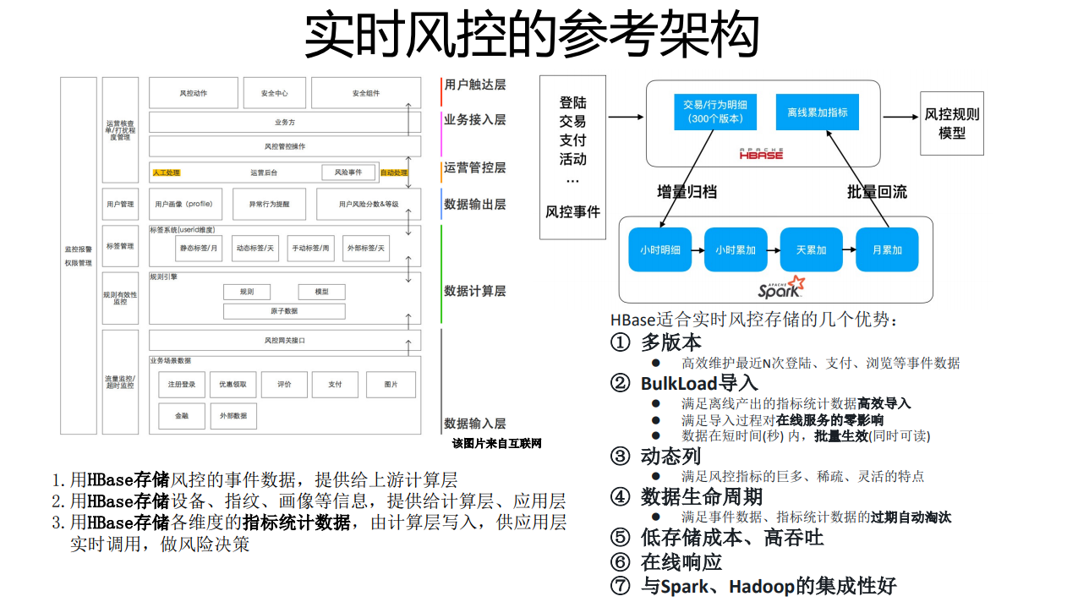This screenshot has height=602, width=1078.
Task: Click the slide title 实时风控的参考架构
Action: click(531, 36)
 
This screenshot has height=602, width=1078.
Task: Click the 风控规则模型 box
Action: click(952, 123)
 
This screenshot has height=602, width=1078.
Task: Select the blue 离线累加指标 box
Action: click(817, 112)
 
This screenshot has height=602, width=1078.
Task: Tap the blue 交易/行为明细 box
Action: click(715, 112)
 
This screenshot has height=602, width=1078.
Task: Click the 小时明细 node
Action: click(660, 249)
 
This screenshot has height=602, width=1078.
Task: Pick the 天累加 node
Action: click(812, 249)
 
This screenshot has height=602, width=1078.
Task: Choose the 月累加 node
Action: click(887, 249)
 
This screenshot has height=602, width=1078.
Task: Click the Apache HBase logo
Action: click(761, 153)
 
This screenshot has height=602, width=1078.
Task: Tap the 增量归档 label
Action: click(687, 192)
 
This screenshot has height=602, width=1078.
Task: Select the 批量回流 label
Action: click(877, 192)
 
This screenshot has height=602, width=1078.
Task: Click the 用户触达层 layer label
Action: click(474, 85)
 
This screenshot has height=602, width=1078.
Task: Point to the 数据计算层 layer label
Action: click(474, 291)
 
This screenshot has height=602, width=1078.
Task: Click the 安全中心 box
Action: click(274, 93)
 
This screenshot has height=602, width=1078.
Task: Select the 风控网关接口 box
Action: click(285, 340)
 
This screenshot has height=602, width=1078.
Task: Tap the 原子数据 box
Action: click(284, 311)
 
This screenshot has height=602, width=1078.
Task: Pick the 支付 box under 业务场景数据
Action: click(335, 384)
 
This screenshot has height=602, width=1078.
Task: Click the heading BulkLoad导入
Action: click(698, 383)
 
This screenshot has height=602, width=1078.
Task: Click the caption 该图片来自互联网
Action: click(496, 443)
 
